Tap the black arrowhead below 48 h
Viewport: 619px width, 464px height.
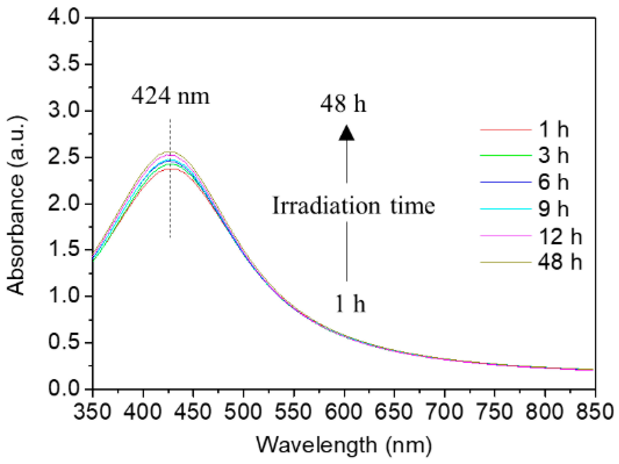(x=346, y=133)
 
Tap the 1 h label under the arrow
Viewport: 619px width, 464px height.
(x=350, y=304)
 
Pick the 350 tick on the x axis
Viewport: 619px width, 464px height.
(x=92, y=412)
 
